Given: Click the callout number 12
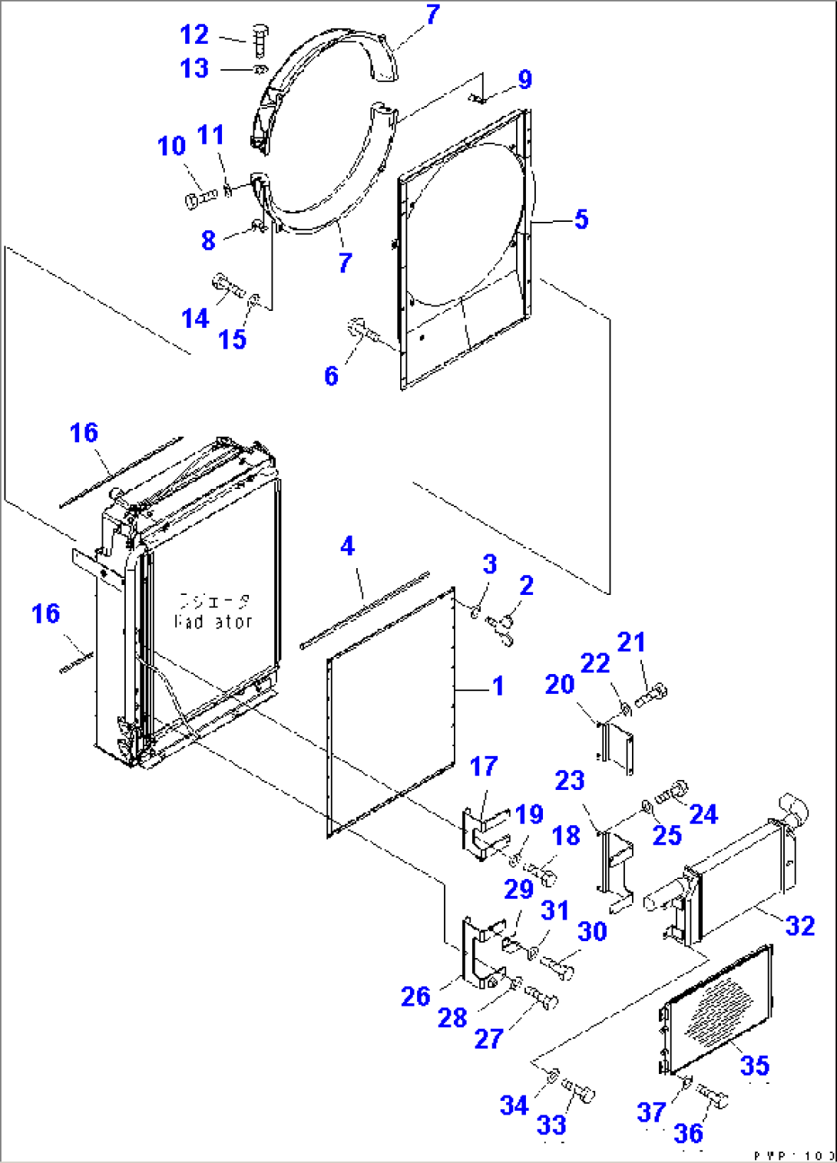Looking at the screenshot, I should [x=194, y=35].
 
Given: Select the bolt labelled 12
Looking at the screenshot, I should [x=259, y=39].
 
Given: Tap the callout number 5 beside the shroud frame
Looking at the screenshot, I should [x=581, y=220].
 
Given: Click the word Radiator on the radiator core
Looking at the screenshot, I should [x=213, y=621].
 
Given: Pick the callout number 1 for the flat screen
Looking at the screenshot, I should [x=498, y=686].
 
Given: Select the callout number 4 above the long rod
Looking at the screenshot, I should [x=347, y=546].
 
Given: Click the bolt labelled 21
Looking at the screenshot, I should [x=651, y=695].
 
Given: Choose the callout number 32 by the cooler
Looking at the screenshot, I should [x=799, y=925].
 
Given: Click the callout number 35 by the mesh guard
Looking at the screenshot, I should [x=754, y=1065].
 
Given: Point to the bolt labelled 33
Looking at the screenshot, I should [x=581, y=1090].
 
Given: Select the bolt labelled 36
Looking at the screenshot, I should [x=712, y=1097].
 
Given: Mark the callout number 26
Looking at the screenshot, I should [x=415, y=996].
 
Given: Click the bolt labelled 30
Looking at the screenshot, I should [x=558, y=966].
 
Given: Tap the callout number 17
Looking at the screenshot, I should [x=484, y=765].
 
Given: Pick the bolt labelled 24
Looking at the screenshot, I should [x=673, y=792].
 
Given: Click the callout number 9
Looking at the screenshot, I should [x=524, y=80].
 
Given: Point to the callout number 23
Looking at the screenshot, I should [x=570, y=780].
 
